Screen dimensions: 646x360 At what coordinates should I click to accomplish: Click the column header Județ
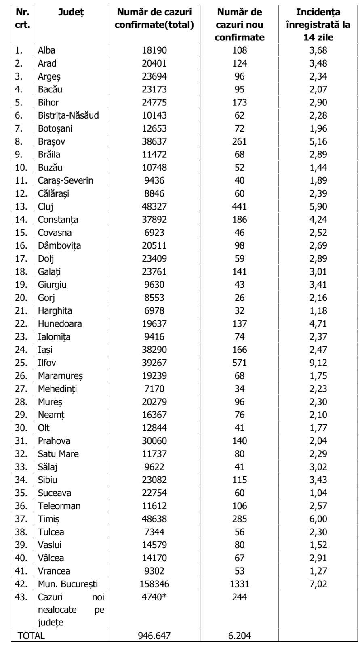pyautogui.click(x=71, y=12)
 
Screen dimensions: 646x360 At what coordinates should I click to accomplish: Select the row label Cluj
pyautogui.click(x=46, y=207)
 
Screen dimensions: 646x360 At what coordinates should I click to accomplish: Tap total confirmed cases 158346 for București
pyautogui.click(x=154, y=584)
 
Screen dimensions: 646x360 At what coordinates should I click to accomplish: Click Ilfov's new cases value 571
pyautogui.click(x=240, y=363)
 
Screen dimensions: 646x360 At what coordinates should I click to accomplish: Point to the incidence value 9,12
pyautogui.click(x=318, y=363)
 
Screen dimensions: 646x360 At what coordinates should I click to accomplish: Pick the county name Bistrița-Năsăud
pyautogui.click(x=68, y=115)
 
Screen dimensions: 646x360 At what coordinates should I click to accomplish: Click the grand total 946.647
pyautogui.click(x=154, y=636)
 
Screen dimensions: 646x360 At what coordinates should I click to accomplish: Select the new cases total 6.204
pyautogui.click(x=240, y=636)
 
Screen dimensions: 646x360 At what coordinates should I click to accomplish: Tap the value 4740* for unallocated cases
pyautogui.click(x=154, y=597)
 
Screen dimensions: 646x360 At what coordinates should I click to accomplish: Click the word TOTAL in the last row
pyautogui.click(x=31, y=636)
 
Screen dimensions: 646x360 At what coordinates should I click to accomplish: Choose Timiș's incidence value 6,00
pyautogui.click(x=318, y=519)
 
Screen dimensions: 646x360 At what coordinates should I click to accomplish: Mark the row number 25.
pyautogui.click(x=21, y=363)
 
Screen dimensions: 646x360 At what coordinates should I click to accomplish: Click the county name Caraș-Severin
pyautogui.click(x=65, y=180)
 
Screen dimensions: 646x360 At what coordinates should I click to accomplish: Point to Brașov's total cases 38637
pyautogui.click(x=154, y=141)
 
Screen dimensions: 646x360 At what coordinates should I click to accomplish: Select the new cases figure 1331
pyautogui.click(x=240, y=584)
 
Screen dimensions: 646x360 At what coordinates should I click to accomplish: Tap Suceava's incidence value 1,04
pyautogui.click(x=318, y=493)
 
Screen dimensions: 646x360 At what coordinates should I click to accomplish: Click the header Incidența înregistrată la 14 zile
pyautogui.click(x=318, y=25)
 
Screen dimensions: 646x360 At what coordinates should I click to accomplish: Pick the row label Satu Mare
pyautogui.click(x=58, y=454)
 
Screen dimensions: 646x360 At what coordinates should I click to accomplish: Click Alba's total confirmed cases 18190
pyautogui.click(x=154, y=50)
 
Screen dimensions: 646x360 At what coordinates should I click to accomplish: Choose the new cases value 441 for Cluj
pyautogui.click(x=240, y=207)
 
